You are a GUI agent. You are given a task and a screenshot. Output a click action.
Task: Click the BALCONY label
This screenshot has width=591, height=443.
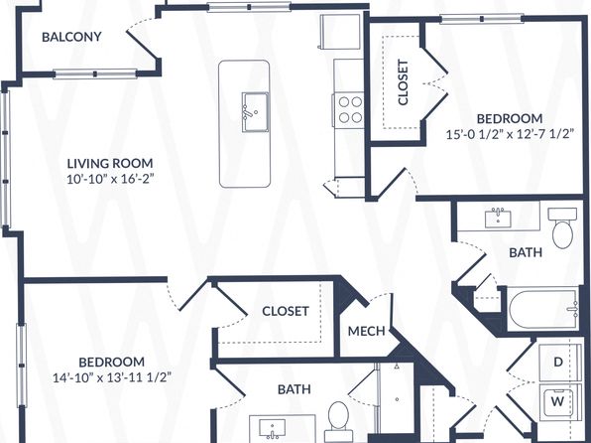(71, 37)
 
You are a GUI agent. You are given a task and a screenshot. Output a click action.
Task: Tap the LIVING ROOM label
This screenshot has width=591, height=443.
(110, 164)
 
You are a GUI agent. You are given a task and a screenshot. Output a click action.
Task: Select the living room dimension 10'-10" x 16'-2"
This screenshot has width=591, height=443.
(110, 179)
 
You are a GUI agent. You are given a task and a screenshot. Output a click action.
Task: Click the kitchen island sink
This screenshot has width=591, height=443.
(255, 112)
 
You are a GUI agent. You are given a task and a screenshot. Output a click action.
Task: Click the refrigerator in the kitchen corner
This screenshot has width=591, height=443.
(339, 32)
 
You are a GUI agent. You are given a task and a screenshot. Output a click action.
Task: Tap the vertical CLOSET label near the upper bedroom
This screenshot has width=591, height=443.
(403, 82)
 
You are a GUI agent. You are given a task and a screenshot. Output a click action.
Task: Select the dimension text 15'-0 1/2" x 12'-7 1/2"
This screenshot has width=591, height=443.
(510, 134)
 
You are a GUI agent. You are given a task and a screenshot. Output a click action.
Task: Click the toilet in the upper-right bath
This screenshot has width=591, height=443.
(562, 227)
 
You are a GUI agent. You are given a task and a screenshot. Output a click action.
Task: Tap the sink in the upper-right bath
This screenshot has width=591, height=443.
(498, 219)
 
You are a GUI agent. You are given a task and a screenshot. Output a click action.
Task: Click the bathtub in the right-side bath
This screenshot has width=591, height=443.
(543, 309)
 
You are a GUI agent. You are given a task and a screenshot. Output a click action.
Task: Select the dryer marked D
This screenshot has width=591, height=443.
(558, 362)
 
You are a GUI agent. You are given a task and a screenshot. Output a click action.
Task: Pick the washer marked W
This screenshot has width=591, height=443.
(558, 401)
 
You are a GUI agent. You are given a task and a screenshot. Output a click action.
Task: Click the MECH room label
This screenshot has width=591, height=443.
(366, 332)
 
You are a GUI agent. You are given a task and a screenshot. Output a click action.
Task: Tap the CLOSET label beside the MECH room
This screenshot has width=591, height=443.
(286, 311)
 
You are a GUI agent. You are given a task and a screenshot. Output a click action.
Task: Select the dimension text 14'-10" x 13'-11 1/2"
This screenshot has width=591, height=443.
(112, 377)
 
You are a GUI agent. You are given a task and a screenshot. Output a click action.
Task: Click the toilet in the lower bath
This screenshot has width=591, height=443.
(338, 420)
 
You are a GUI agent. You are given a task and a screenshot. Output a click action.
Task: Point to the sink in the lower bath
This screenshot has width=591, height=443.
(272, 429)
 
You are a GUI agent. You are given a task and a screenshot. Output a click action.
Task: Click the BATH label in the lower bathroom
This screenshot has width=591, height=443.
(294, 389)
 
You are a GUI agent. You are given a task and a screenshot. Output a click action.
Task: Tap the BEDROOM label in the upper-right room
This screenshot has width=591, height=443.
(510, 118)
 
